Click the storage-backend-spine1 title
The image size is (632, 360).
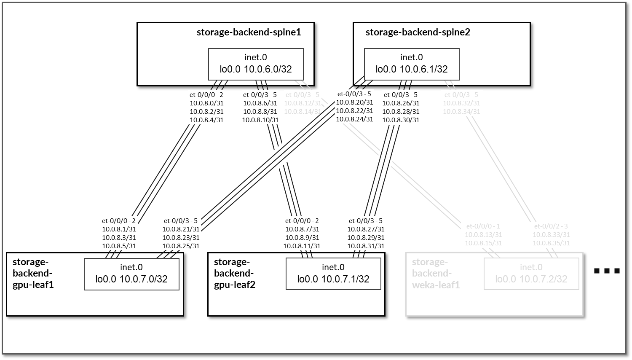point(249,32)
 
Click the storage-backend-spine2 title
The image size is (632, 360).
point(418,32)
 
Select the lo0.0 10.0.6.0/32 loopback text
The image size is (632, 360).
point(256,69)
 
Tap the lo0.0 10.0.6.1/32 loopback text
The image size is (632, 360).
point(412,69)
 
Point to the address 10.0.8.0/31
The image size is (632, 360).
point(206,103)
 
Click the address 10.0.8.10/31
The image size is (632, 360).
point(260,120)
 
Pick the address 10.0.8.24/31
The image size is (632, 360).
point(354,119)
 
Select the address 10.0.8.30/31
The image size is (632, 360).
point(401,120)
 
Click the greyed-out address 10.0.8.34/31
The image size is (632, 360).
point(461,112)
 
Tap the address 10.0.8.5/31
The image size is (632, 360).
point(119,246)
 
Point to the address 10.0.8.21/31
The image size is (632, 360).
point(181,229)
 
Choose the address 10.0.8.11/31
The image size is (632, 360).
point(302,246)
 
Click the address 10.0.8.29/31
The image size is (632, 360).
point(366,238)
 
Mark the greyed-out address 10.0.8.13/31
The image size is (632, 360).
point(483,235)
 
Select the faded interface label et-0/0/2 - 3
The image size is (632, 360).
point(551,226)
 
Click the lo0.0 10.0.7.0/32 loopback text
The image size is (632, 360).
point(131,279)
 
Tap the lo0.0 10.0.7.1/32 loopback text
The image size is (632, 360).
point(333,279)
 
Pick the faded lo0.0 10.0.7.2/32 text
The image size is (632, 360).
point(531,279)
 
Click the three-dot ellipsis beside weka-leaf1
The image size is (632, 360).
point(607,271)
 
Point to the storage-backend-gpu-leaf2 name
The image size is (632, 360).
point(234,273)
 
